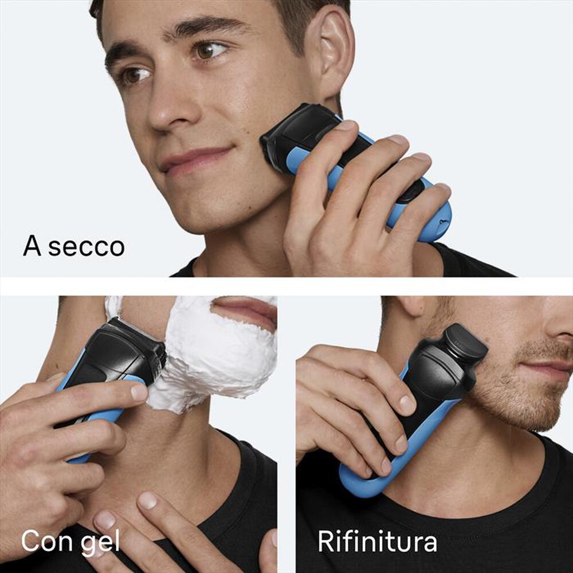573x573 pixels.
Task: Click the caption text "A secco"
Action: [x=73, y=246]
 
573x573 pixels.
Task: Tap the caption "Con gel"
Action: [x=70, y=541]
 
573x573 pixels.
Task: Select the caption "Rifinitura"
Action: [x=377, y=541]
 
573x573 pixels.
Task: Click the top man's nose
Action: [x=172, y=109]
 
